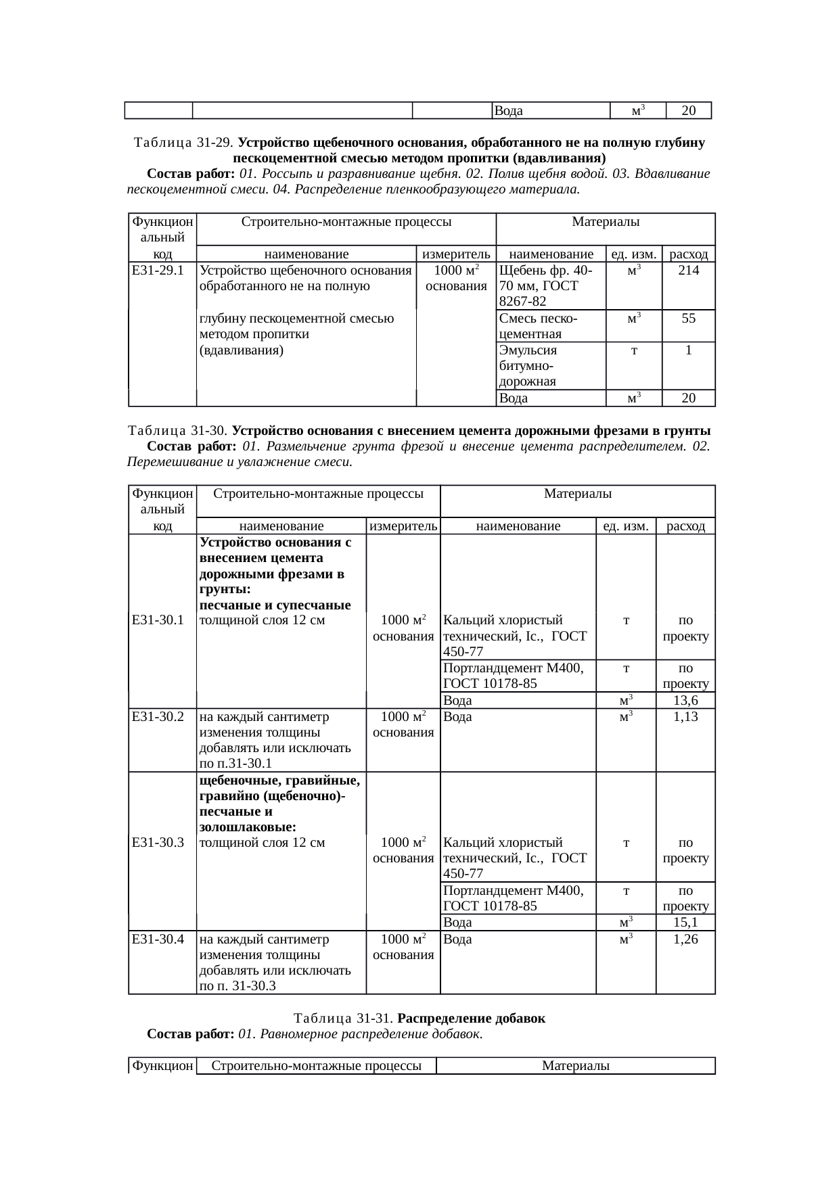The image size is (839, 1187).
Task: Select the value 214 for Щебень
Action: tap(688, 271)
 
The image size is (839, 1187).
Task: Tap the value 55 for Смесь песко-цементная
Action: tap(688, 318)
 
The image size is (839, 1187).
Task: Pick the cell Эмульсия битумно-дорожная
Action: tap(528, 365)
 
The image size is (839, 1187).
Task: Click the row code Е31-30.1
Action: tap(158, 620)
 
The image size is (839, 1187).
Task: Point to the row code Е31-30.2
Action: tap(158, 716)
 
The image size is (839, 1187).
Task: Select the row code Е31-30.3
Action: tap(158, 842)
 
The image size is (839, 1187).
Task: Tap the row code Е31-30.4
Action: tap(158, 939)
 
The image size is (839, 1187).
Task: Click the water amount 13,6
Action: tap(685, 701)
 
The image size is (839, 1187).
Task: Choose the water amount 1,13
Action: tap(685, 716)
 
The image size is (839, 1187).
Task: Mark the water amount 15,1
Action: tap(685, 923)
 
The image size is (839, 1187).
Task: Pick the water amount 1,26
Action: tap(685, 939)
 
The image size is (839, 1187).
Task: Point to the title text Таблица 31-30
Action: tap(179, 431)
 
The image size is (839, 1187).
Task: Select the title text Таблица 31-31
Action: tap(344, 1018)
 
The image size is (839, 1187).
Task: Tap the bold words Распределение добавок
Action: tap(471, 1018)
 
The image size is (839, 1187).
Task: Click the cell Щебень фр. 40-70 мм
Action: tap(545, 285)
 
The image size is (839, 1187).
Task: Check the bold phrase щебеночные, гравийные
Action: tap(279, 781)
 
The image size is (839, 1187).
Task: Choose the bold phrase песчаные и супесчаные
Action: tap(275, 604)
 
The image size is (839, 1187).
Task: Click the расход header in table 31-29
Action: tap(688, 254)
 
